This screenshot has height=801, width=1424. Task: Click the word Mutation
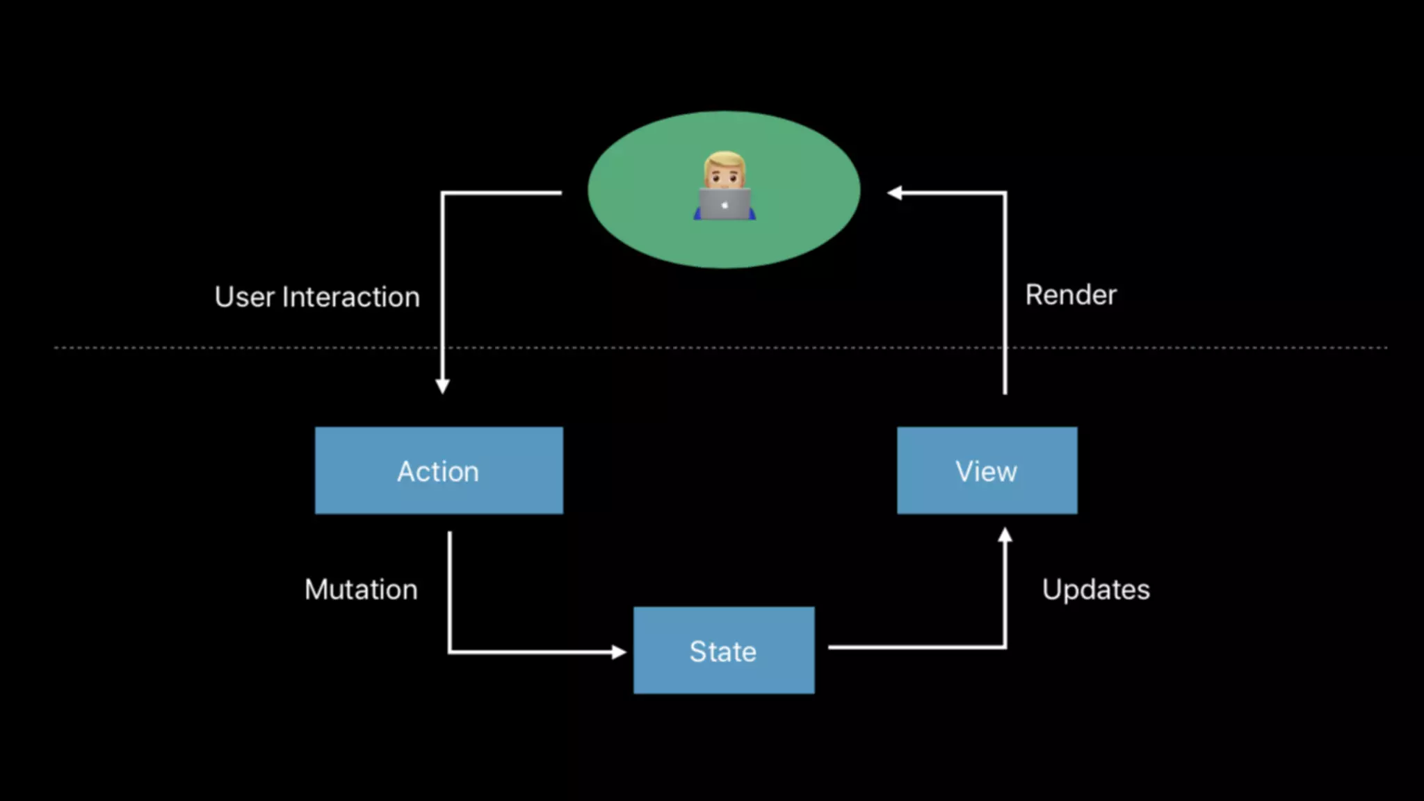point(361,590)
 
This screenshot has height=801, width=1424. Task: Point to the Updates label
point(1096,590)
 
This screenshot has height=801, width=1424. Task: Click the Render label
point(1071,295)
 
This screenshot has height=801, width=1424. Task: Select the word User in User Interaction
point(244,297)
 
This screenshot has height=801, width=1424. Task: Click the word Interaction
point(351,297)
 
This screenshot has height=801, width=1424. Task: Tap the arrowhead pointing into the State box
point(619,652)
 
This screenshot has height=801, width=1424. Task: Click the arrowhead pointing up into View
point(1005,535)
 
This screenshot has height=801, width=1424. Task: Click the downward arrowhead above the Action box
point(442,387)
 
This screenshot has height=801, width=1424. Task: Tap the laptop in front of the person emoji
point(725,204)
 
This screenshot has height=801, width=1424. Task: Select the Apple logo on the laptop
point(725,205)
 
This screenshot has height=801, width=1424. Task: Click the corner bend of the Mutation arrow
point(450,652)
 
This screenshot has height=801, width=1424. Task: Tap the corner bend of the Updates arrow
point(1005,647)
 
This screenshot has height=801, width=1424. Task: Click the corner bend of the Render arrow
point(1005,193)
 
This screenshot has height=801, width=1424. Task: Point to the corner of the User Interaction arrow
point(443,193)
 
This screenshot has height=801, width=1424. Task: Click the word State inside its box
point(723,652)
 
